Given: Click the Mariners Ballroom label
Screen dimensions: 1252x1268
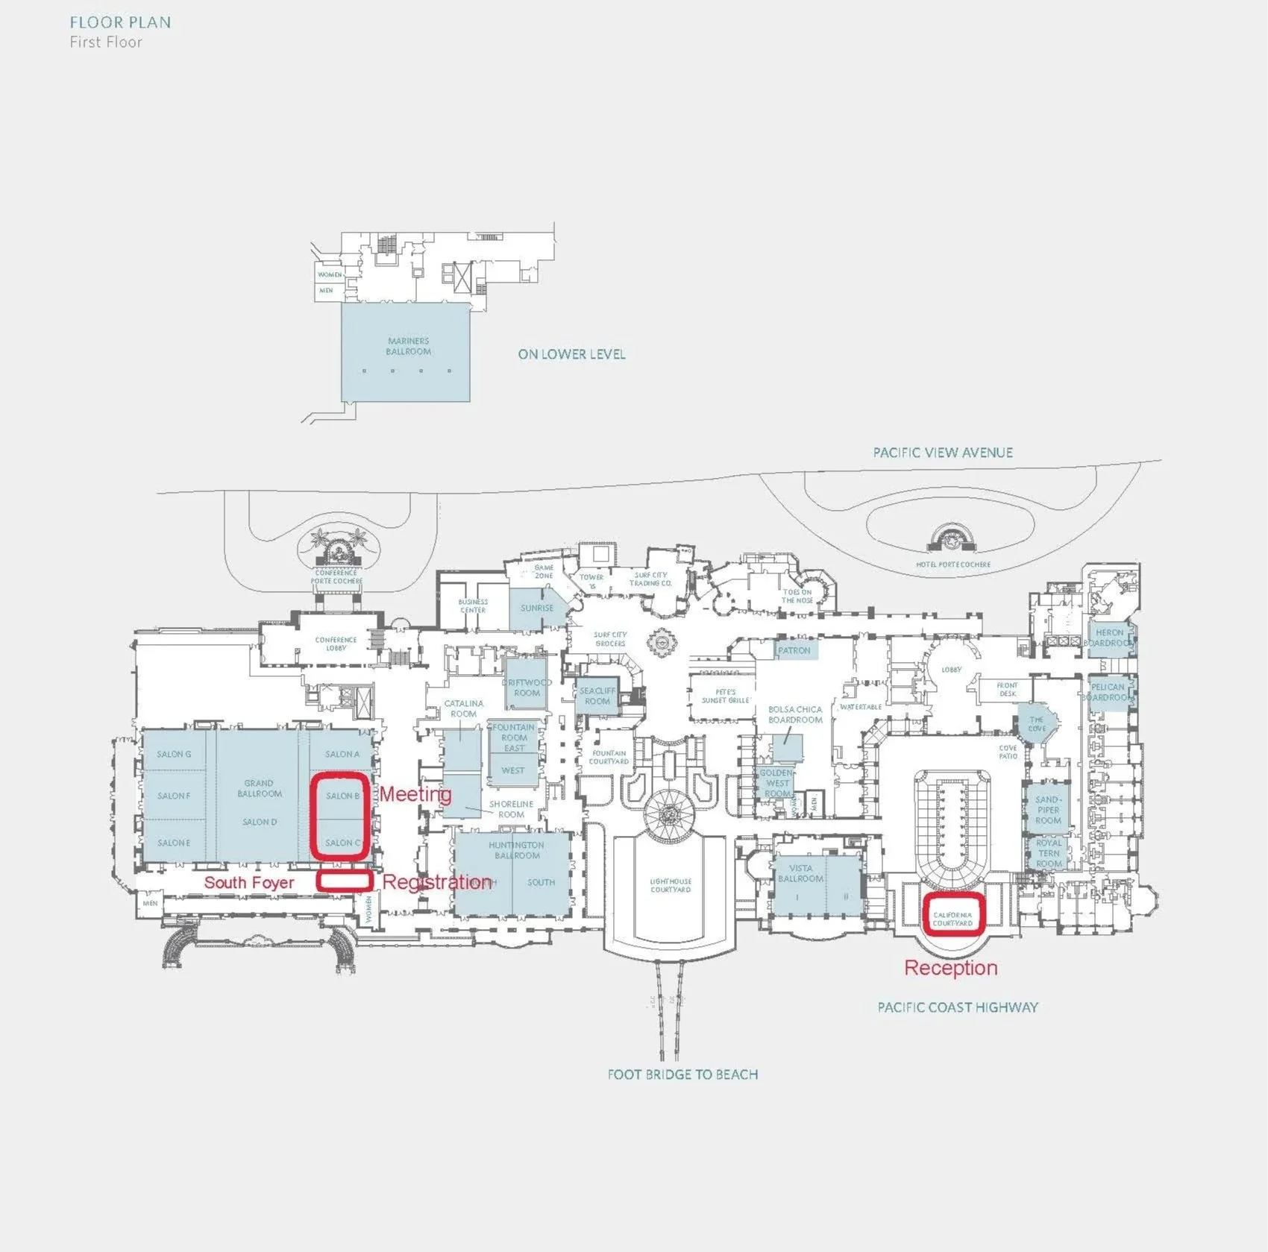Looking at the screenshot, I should [408, 346].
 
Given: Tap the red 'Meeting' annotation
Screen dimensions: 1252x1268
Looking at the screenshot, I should [415, 794].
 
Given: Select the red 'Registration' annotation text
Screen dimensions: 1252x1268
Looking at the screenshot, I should [437, 882].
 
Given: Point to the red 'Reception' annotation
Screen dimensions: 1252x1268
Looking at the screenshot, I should [950, 968].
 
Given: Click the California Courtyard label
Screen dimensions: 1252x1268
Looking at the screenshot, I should [952, 919].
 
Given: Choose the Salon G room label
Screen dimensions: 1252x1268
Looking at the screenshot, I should [174, 754].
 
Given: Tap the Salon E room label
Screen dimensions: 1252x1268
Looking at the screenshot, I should [174, 843].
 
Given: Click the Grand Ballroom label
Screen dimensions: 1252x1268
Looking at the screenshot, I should [259, 788].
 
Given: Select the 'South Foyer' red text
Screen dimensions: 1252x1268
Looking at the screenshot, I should [249, 883].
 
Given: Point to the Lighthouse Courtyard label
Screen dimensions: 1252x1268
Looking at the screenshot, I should [671, 885].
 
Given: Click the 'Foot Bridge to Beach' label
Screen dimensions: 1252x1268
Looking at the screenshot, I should [682, 1075].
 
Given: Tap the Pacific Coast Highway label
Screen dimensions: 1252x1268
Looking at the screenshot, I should [958, 1007].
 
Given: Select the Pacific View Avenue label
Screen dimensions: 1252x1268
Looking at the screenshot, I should [943, 453].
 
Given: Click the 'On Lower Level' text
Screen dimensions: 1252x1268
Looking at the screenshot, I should [571, 354].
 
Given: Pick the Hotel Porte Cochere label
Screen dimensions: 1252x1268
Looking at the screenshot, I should [953, 564].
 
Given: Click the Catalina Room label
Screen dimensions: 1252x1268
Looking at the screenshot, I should [463, 708].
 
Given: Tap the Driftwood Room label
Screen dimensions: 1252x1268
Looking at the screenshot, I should [527, 688].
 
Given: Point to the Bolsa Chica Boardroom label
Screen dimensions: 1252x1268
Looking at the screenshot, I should [795, 714].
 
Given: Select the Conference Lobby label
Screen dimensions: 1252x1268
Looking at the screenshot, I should [336, 644].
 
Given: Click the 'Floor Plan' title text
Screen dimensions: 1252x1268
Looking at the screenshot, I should [120, 22].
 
